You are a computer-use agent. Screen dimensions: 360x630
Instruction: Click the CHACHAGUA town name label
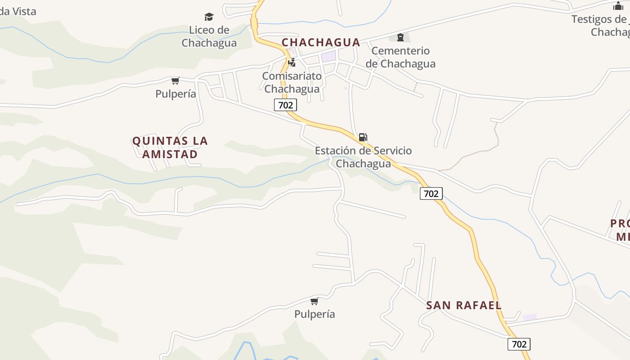tap(321, 42)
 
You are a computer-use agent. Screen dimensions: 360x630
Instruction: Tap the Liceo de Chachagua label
tap(209, 36)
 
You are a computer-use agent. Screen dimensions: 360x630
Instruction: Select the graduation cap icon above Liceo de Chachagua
tap(209, 17)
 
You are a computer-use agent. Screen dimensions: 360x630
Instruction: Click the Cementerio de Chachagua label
tap(400, 57)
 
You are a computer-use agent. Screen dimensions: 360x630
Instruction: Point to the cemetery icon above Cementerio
tap(400, 37)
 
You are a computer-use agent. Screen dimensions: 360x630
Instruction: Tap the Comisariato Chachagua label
tap(292, 82)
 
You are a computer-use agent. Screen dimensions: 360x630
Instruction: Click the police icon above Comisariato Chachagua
tap(292, 63)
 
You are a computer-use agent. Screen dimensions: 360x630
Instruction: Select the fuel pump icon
tap(363, 137)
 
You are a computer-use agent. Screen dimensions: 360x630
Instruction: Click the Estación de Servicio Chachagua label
tap(363, 157)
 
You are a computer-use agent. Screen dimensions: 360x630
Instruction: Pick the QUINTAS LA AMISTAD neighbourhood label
tap(170, 148)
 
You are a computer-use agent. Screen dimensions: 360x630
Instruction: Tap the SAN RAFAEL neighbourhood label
tap(463, 305)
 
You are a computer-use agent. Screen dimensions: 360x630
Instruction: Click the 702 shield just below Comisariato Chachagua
tap(285, 105)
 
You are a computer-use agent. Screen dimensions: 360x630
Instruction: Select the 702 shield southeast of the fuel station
tap(431, 193)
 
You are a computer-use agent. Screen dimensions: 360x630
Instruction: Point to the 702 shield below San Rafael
tap(519, 344)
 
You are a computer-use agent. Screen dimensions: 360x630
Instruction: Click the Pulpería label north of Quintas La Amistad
tap(175, 94)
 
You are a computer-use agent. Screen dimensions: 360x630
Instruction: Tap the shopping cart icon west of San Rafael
tap(315, 301)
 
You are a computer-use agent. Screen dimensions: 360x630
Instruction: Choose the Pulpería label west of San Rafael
tap(315, 314)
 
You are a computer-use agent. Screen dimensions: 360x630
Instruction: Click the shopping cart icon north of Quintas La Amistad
tap(175, 81)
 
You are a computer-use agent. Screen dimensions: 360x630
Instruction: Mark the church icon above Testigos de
tap(618, 6)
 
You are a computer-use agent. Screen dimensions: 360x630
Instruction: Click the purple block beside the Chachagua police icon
tap(328, 57)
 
